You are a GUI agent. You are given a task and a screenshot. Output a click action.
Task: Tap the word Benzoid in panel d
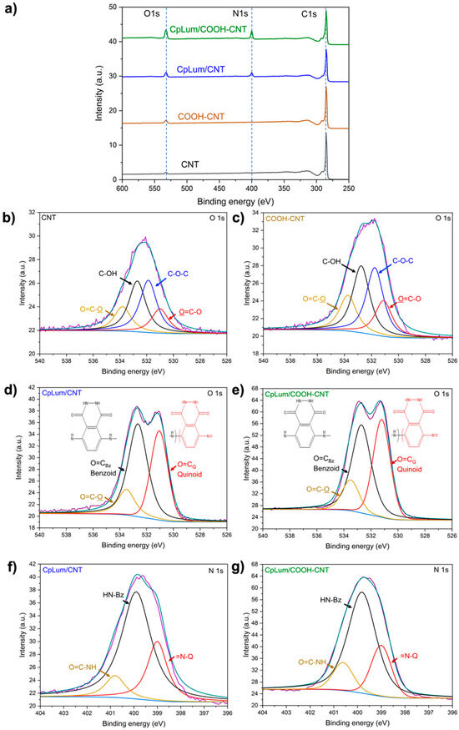88,474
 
